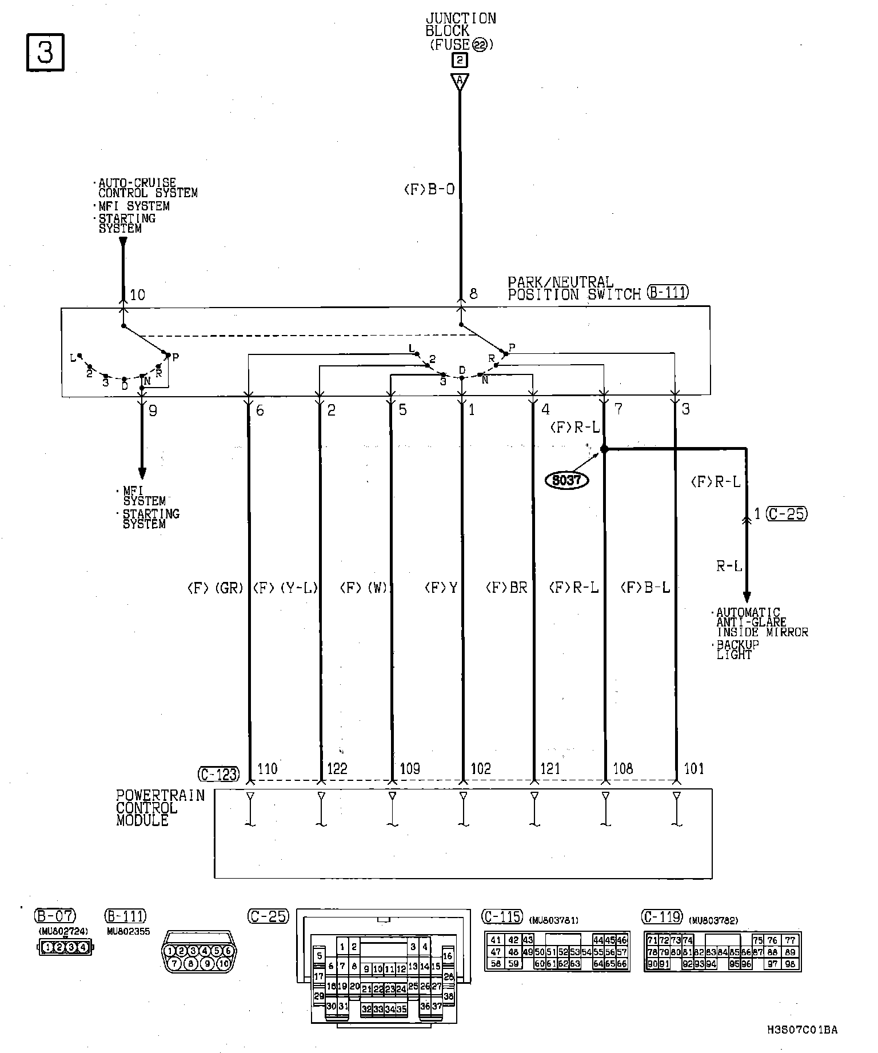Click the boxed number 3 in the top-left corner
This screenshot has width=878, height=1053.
[45, 53]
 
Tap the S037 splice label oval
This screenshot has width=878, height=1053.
[566, 480]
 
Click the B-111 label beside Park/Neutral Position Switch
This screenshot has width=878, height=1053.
[668, 293]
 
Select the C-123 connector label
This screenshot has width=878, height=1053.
[218, 774]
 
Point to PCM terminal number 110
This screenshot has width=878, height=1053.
[268, 768]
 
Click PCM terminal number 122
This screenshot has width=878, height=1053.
[337, 768]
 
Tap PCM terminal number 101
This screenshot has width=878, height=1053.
[694, 768]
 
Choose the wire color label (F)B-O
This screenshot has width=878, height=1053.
[429, 189]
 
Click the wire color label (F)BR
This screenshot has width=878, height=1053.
[506, 588]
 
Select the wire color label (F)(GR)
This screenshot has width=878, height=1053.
[215, 588]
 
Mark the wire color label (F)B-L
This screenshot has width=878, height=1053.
[645, 588]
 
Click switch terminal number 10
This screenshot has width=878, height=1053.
[138, 295]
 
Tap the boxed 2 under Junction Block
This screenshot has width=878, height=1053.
[460, 61]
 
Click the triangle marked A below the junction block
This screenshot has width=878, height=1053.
[460, 81]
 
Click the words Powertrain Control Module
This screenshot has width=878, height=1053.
[160, 808]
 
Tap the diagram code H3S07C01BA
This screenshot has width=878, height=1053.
[802, 1030]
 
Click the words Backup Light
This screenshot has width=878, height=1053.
[737, 649]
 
